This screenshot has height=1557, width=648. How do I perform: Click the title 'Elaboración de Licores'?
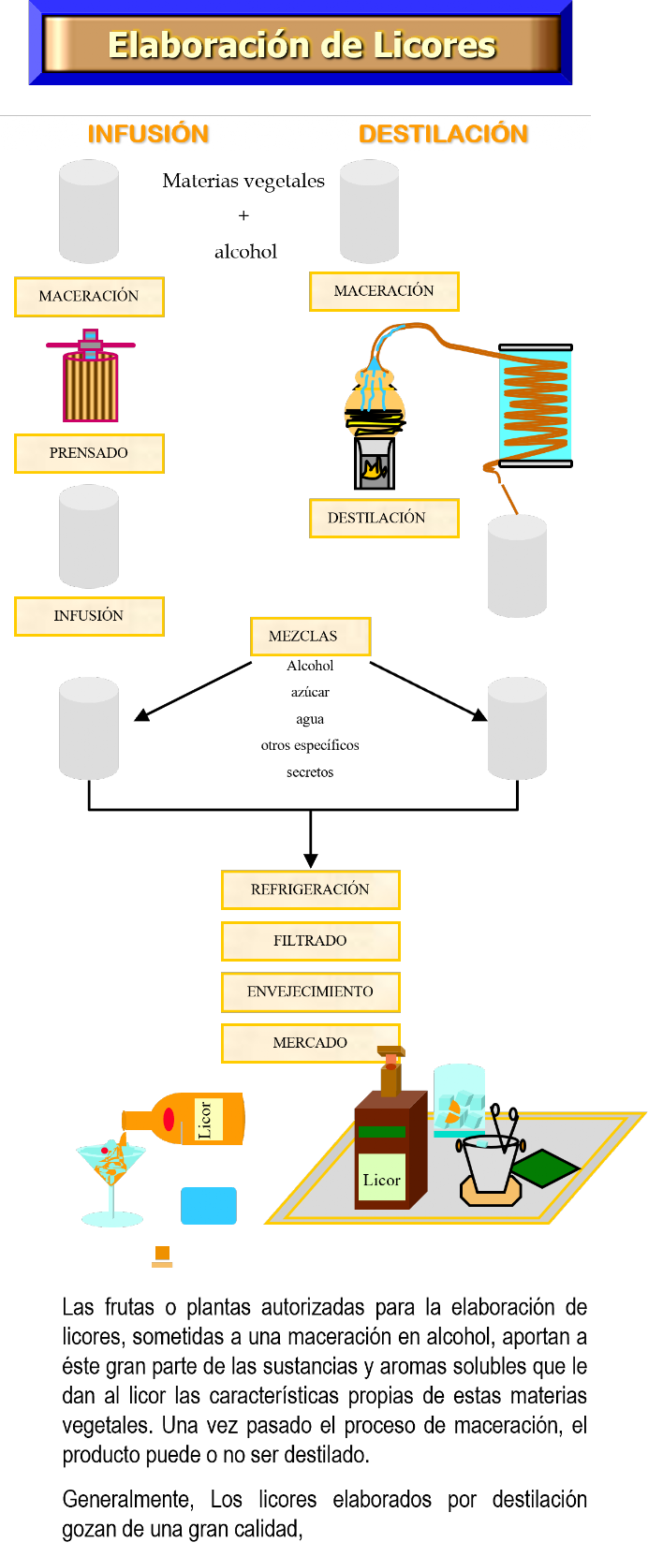click(302, 45)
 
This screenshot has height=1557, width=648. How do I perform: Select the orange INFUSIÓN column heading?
click(148, 134)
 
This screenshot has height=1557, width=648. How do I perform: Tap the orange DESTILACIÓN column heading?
click(443, 134)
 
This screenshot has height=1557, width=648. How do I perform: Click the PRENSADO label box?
click(89, 453)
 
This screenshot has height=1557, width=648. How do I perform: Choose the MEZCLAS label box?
click(310, 637)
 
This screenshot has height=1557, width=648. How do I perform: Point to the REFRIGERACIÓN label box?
click(310, 889)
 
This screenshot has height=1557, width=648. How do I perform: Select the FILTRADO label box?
click(310, 941)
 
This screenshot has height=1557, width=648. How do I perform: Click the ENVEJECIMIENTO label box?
click(310, 991)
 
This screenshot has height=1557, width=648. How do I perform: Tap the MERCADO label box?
click(310, 1043)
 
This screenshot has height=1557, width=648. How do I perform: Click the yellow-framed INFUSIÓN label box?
click(89, 616)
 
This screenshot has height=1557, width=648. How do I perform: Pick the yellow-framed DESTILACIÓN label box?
click(384, 518)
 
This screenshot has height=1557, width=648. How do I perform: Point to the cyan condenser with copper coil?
click(535, 405)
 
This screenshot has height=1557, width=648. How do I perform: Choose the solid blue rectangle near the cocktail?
click(208, 1206)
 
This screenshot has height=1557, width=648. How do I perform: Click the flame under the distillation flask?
click(374, 469)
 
